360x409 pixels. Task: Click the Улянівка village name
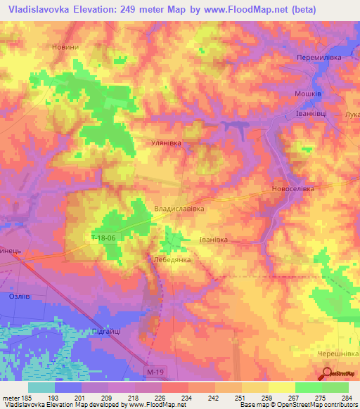pos(167,143)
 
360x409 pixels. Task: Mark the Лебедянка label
pos(172,259)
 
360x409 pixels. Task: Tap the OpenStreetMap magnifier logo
pos(327,374)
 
